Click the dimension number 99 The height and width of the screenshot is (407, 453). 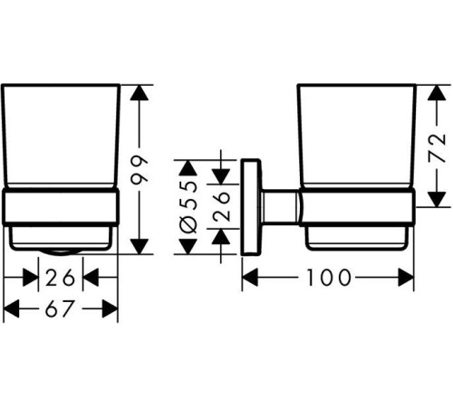(140, 169)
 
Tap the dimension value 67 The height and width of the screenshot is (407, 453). (60, 308)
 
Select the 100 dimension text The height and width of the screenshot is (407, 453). (329, 278)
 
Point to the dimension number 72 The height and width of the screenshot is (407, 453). (437, 147)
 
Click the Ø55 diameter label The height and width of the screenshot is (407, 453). (188, 207)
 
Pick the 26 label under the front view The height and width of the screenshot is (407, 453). (60, 278)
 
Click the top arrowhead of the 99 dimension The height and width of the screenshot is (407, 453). (139, 92)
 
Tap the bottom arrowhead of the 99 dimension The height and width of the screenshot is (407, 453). (140, 246)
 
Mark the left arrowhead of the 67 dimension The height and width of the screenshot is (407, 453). (11, 308)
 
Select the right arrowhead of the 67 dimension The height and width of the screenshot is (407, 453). (110, 308)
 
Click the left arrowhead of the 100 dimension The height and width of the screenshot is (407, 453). (250, 278)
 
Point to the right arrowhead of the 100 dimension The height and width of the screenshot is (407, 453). (406, 278)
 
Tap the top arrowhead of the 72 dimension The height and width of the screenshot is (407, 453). (437, 92)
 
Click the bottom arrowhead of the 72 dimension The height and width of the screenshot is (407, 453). (437, 199)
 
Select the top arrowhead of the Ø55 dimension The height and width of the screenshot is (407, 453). (188, 168)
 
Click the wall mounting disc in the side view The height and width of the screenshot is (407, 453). (250, 207)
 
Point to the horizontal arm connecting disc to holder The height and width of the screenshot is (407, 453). (280, 207)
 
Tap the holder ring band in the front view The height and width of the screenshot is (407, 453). (61, 206)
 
